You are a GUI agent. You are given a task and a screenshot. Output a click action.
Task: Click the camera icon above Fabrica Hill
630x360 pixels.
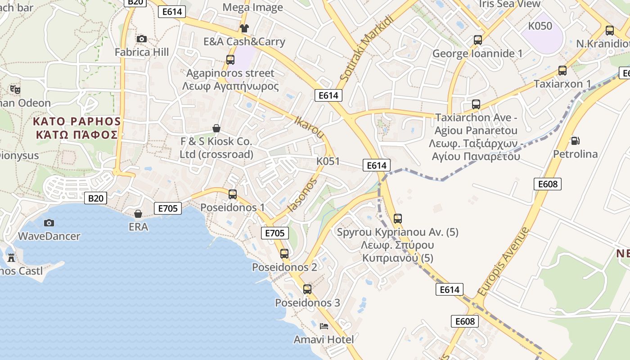142,39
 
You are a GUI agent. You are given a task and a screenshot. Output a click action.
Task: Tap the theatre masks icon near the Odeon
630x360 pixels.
15,89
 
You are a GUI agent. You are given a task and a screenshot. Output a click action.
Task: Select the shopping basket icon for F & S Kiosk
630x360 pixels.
216,128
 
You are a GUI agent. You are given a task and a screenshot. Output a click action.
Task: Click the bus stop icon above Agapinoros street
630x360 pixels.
230,59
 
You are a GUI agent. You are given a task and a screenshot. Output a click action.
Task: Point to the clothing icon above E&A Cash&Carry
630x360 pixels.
244,28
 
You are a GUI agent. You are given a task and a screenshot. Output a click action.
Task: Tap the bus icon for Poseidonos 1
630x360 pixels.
233,194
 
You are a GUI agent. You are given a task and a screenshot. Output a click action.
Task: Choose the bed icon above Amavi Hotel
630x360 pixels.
324,326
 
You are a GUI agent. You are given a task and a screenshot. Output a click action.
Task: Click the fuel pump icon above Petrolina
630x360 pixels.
575,141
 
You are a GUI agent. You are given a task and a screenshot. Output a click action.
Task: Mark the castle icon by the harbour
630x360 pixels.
11,258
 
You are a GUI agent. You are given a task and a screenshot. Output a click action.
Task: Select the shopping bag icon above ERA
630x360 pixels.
138,213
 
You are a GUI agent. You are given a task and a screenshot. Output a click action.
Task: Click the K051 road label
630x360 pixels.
328,162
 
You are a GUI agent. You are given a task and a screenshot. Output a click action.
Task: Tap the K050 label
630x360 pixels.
540,26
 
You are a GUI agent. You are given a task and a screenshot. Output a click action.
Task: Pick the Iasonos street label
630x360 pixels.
302,195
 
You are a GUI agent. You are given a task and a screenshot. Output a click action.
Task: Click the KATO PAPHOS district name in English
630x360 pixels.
77,121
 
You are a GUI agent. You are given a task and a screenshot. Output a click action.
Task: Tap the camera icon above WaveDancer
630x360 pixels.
49,223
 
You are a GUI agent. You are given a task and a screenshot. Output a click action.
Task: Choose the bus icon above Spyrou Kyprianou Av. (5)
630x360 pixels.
398,219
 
